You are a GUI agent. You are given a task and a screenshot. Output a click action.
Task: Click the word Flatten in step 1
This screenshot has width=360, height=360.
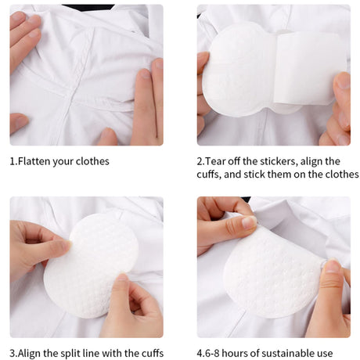click(34, 161)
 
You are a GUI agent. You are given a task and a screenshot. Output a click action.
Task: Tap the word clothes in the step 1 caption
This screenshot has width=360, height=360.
click(92, 161)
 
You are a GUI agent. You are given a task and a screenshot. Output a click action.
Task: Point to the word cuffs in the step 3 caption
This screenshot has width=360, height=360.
click(153, 353)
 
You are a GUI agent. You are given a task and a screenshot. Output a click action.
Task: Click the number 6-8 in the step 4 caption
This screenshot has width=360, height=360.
click(211, 354)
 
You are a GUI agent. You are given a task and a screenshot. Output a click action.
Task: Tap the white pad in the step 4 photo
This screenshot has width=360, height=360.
click(272, 274)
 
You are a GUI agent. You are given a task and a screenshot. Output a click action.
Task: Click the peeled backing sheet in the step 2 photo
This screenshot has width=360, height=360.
click(311, 68)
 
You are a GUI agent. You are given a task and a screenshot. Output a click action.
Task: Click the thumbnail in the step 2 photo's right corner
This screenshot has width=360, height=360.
click(343, 81)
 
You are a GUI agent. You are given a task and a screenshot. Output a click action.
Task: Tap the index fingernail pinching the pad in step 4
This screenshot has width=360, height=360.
click(249, 222)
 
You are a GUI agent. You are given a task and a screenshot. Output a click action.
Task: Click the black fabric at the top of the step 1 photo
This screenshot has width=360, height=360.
click(88, 7)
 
